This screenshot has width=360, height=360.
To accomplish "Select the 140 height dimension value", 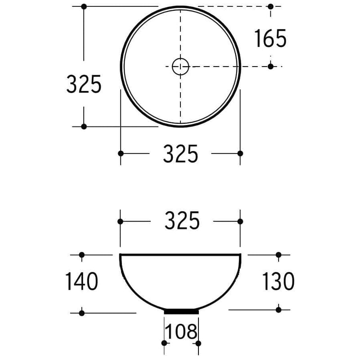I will [81, 282].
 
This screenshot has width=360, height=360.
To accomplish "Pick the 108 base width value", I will [181, 332].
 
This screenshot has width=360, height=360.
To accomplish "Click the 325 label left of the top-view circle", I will [84, 84].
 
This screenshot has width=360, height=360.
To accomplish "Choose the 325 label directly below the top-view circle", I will [180, 154].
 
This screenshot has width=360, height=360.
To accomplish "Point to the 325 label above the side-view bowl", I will [182, 221].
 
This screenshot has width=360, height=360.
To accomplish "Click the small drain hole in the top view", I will [180, 67].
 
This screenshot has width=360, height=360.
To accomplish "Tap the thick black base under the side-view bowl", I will [181, 311].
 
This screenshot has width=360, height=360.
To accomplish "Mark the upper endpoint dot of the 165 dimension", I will [270, 6].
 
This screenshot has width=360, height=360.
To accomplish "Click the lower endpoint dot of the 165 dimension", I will [270, 67].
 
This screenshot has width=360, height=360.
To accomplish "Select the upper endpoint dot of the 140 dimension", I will [81, 255].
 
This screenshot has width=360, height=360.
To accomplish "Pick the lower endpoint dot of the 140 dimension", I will [81, 313].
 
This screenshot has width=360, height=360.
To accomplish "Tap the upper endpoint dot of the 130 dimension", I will [279, 255].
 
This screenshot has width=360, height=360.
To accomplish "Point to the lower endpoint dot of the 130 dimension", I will [279, 310].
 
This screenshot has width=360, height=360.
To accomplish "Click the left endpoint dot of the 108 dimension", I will [164, 344].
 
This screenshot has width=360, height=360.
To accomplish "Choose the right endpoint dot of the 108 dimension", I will [199, 344].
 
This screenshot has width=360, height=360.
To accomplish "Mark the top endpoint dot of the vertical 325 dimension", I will [84, 6].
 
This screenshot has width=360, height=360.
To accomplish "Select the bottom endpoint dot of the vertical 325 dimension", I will [84, 126].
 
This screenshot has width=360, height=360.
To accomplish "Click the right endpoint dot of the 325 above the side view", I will [240, 221].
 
